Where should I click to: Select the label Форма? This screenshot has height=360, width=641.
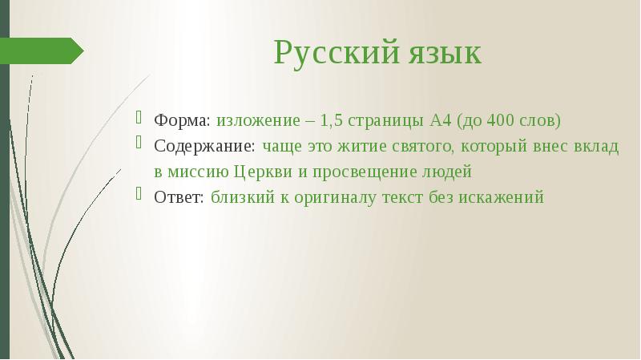point(183,120)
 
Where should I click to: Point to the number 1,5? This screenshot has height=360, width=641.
point(331,120)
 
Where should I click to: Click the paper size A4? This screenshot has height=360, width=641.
point(441,120)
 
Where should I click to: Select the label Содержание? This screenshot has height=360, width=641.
point(205,146)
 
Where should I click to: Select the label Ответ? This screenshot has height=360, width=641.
point(179,196)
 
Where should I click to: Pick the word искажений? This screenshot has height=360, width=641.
point(501,196)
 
